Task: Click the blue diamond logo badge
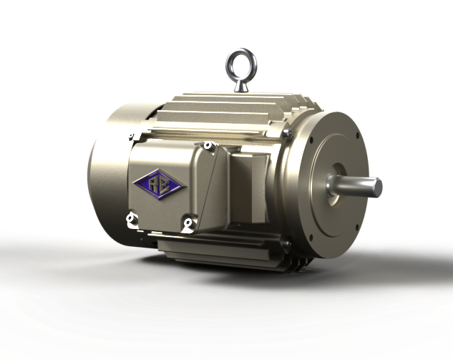coord(159,184)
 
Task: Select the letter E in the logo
coord(165,185)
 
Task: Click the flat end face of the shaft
coord(377,188)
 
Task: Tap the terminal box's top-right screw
coord(208,146)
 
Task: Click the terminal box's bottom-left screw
coord(131,217)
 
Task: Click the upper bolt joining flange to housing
coord(286,133)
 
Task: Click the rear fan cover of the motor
coord(107,165)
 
